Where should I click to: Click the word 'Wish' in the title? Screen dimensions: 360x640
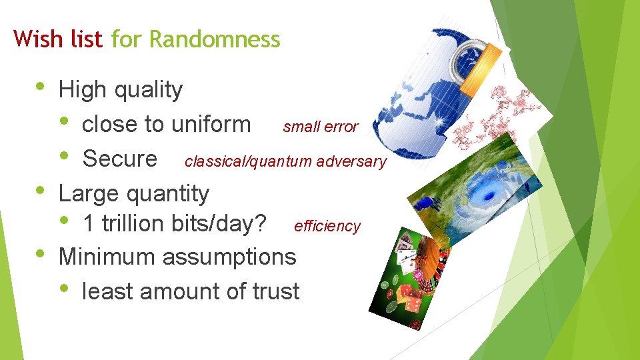click(34, 39)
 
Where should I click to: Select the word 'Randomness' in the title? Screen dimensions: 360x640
click(215, 39)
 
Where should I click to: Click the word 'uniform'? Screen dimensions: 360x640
click(211, 124)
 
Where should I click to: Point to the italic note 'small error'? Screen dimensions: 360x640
click(320, 127)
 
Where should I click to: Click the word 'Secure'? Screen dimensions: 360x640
click(119, 159)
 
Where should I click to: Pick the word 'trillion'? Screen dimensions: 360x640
click(131, 224)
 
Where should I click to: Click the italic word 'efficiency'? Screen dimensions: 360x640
click(327, 226)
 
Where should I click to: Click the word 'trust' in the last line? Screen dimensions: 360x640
click(275, 291)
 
